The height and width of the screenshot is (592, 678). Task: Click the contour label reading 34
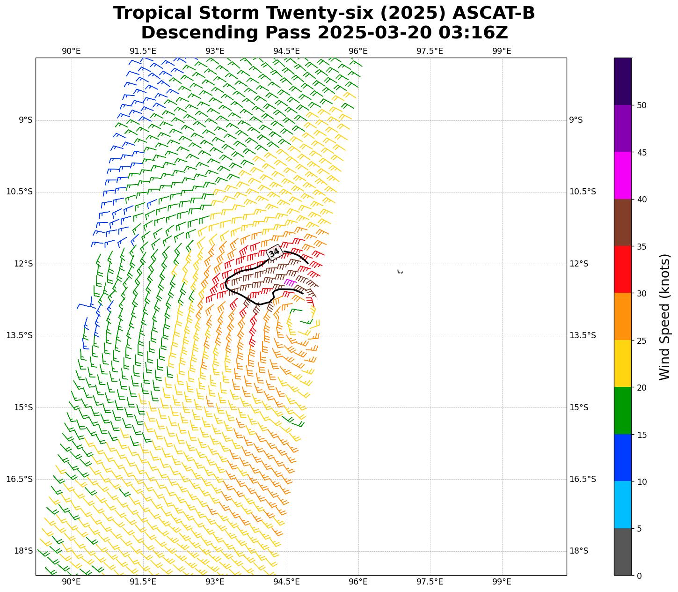click(x=274, y=252)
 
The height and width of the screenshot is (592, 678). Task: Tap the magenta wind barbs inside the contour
click(x=289, y=282)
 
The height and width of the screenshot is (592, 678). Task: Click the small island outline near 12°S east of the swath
click(x=400, y=272)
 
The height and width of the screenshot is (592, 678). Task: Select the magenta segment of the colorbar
click(x=622, y=176)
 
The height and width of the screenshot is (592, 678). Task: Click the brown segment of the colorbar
click(x=622, y=222)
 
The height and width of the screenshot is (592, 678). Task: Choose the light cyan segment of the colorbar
click(x=622, y=504)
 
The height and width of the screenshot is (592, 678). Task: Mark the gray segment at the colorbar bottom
click(x=622, y=552)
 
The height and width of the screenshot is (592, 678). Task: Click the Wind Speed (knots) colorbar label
click(x=664, y=317)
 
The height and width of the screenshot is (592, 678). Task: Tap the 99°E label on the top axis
click(x=502, y=51)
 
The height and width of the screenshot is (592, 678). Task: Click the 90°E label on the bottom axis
click(x=71, y=582)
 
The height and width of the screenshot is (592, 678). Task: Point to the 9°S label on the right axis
click(x=576, y=120)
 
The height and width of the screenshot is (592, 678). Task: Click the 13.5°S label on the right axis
click(x=583, y=335)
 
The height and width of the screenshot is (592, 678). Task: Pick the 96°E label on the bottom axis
click(x=358, y=582)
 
